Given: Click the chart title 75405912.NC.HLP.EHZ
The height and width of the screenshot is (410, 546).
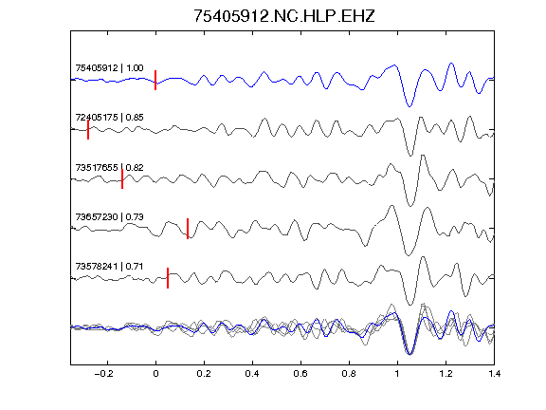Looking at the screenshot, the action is pos(283,16).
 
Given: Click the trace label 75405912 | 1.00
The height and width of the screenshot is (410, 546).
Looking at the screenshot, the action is pos(109,67).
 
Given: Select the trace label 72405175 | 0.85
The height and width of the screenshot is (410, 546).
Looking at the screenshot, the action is pos(109,117).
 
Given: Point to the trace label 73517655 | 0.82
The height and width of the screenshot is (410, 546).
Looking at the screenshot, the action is pos(109,168).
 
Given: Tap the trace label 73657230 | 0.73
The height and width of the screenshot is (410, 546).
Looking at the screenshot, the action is pos(109,216).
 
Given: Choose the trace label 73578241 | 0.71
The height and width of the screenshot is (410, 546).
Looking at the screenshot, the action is pos(109,267).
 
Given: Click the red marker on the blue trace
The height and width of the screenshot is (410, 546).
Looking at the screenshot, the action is pos(155,80).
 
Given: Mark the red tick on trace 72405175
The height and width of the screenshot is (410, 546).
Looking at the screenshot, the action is pos(88,130).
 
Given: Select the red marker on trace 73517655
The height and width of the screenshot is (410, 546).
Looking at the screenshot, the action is pos(122,179).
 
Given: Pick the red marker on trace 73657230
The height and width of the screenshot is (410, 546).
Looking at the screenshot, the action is pos(188,229).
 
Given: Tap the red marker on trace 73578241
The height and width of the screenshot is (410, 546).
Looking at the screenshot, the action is pos(168,278).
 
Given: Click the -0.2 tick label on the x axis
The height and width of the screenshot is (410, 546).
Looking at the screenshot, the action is pos(104,374).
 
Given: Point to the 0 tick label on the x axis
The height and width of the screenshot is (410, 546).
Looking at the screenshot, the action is pos(155,374).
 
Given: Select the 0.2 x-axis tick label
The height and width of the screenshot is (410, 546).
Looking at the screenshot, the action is pos(204,374).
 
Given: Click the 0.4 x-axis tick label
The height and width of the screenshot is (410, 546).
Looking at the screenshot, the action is pos(252,374).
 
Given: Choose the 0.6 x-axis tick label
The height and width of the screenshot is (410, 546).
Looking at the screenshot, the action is pos(300,374).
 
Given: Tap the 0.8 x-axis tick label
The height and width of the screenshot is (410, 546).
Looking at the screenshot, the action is pos(349,374).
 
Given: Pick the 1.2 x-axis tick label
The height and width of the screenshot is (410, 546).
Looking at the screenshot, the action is pos(446,374).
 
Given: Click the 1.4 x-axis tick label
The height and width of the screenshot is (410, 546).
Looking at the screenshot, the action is pos(494,374).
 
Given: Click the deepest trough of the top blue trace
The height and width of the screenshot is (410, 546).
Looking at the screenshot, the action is pos(409,106).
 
